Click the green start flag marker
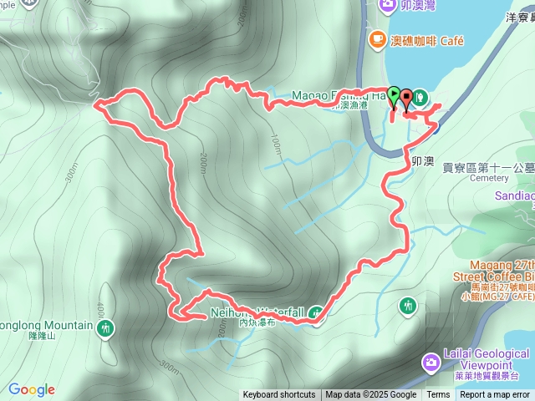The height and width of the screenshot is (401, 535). click(x=394, y=94)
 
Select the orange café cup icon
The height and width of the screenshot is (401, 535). click(x=377, y=39)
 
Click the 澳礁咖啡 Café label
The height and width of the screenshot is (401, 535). click(x=427, y=40)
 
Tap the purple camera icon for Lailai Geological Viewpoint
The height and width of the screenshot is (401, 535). click(x=431, y=362)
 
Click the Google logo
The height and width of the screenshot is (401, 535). click(x=32, y=389)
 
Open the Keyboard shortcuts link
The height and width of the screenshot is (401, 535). click(x=279, y=395)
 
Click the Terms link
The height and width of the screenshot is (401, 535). click(x=438, y=395)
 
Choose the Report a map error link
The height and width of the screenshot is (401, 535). click(x=495, y=395)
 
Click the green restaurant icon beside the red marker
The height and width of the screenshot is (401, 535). click(x=419, y=96)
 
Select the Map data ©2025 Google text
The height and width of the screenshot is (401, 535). click(x=371, y=395)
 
